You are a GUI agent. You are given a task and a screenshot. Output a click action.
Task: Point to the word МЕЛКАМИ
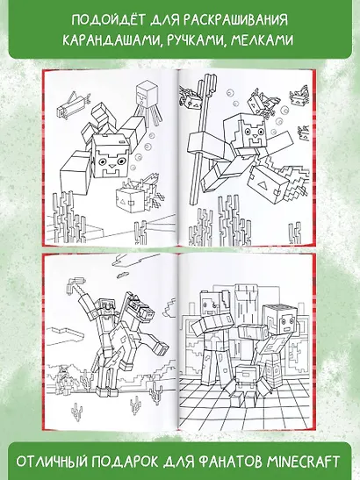click(x=262, y=40)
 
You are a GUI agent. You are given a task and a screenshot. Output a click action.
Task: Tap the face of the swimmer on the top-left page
click(x=110, y=156)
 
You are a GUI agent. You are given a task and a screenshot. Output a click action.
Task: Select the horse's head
click(x=143, y=307)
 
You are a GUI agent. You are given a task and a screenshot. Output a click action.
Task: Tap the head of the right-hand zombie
click(x=280, y=321)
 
